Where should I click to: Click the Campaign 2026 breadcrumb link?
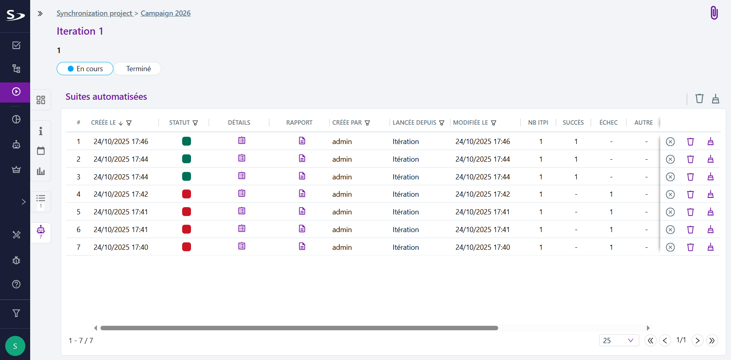pyautogui.click(x=165, y=13)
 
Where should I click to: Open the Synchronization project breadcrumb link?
pyautogui.click(x=94, y=13)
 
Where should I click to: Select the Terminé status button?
pyautogui.click(x=138, y=69)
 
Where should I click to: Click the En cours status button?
pyautogui.click(x=85, y=69)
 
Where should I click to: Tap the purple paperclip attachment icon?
pyautogui.click(x=714, y=13)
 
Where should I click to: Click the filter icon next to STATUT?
pyautogui.click(x=195, y=123)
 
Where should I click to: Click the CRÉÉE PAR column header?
pyautogui.click(x=347, y=123)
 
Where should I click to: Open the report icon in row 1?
pyautogui.click(x=302, y=141)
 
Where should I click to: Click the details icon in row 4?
pyautogui.click(x=242, y=193)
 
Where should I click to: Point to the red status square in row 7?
pyautogui.click(x=187, y=247)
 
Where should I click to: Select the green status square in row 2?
pyautogui.click(x=187, y=159)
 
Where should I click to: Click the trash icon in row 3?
pyautogui.click(x=690, y=177)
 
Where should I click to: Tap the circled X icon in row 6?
pyautogui.click(x=670, y=230)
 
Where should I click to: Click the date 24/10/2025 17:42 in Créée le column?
pyautogui.click(x=121, y=194)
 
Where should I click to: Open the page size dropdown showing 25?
pyautogui.click(x=618, y=341)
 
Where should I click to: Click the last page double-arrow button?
pyautogui.click(x=712, y=341)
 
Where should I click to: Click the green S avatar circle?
pyautogui.click(x=15, y=346)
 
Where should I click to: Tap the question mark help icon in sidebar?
pyautogui.click(x=16, y=284)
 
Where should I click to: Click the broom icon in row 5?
pyautogui.click(x=710, y=212)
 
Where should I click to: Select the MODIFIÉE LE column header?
pyautogui.click(x=470, y=123)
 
